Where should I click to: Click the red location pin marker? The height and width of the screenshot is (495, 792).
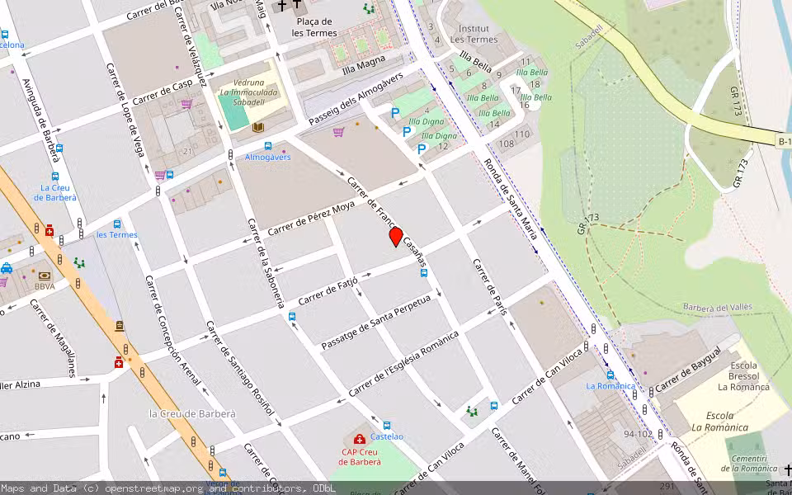click(396, 237)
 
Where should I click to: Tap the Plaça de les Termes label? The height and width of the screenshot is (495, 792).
click(314, 27)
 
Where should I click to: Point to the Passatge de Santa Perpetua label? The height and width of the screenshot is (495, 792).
click(376, 321)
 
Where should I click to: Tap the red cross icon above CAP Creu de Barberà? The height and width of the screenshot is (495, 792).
click(359, 439)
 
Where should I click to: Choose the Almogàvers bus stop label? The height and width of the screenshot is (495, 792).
click(267, 157)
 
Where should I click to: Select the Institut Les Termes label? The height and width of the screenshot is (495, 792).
click(474, 34)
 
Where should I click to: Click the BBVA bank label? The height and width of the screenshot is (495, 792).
click(45, 286)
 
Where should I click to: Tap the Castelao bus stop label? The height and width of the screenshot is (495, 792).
click(386, 436)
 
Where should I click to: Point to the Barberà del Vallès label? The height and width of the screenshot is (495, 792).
click(717, 307)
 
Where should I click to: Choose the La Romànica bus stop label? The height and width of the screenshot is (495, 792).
click(610, 385)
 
